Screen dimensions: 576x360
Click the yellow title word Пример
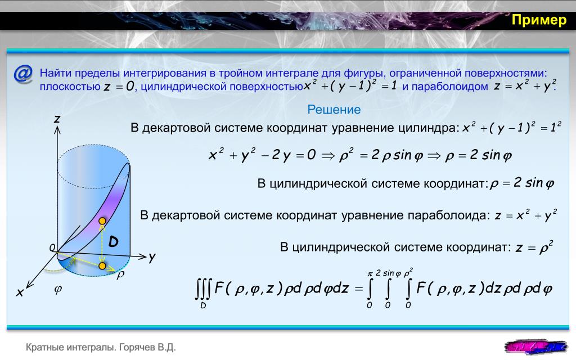(539, 20)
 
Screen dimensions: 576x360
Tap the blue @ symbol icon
(22, 74)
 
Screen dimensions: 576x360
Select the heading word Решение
(334, 110)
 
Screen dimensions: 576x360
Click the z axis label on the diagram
(57, 119)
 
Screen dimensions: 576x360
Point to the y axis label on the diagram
(152, 258)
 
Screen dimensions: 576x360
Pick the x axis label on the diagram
(20, 292)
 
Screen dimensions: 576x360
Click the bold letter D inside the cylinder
(113, 241)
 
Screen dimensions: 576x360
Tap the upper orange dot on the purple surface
(102, 220)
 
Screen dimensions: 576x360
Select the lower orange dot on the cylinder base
(102, 265)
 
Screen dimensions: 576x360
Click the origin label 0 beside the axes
(52, 248)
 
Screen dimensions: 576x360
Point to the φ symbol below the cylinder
(58, 289)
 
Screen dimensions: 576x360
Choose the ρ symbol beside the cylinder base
(120, 274)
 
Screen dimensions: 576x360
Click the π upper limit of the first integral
(370, 274)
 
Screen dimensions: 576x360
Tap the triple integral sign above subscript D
(203, 289)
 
